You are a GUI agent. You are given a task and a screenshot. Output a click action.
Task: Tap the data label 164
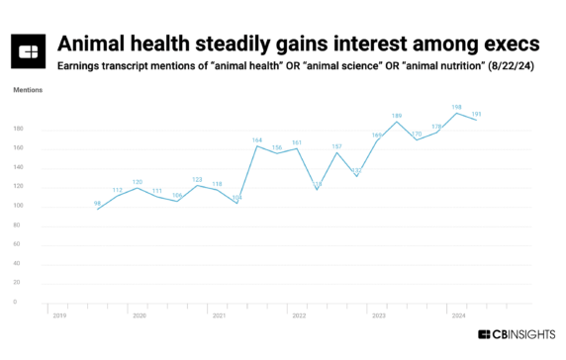point(257,140)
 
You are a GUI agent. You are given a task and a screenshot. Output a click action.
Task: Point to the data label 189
point(397,116)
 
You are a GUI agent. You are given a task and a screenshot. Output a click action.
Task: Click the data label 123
point(197,179)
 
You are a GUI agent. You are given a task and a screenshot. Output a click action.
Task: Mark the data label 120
point(138,182)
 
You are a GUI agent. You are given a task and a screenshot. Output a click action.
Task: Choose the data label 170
point(417,133)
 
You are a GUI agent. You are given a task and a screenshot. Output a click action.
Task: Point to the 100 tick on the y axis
point(19,206)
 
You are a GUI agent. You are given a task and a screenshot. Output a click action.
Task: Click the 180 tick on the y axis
point(19,129)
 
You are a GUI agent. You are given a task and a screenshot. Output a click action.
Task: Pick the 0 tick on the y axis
point(15,302)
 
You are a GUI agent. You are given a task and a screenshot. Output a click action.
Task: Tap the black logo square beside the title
point(29,51)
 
